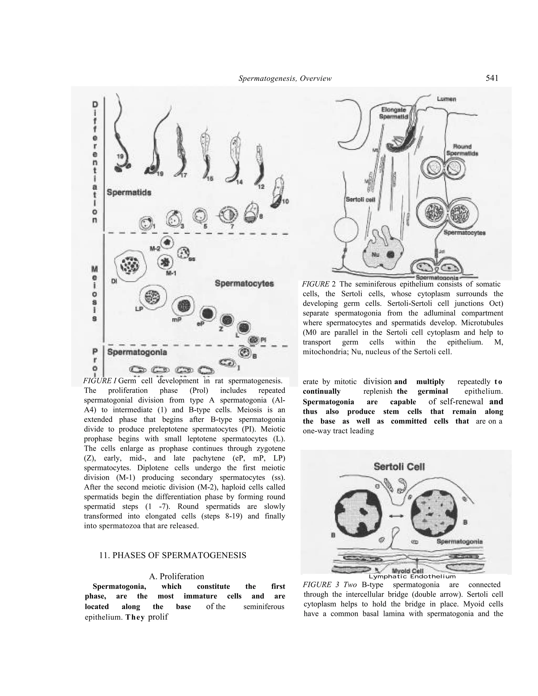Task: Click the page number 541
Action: (x=492, y=78)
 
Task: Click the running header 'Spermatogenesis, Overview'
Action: (x=285, y=78)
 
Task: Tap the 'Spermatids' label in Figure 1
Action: (x=129, y=193)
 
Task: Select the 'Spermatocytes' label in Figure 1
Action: (x=244, y=283)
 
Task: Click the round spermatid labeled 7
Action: (x=228, y=215)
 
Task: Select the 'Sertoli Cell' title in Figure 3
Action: (x=399, y=467)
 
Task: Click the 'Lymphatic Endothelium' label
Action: (x=412, y=576)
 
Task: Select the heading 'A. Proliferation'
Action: (x=177, y=576)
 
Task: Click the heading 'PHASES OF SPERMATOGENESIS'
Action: (x=173, y=555)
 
